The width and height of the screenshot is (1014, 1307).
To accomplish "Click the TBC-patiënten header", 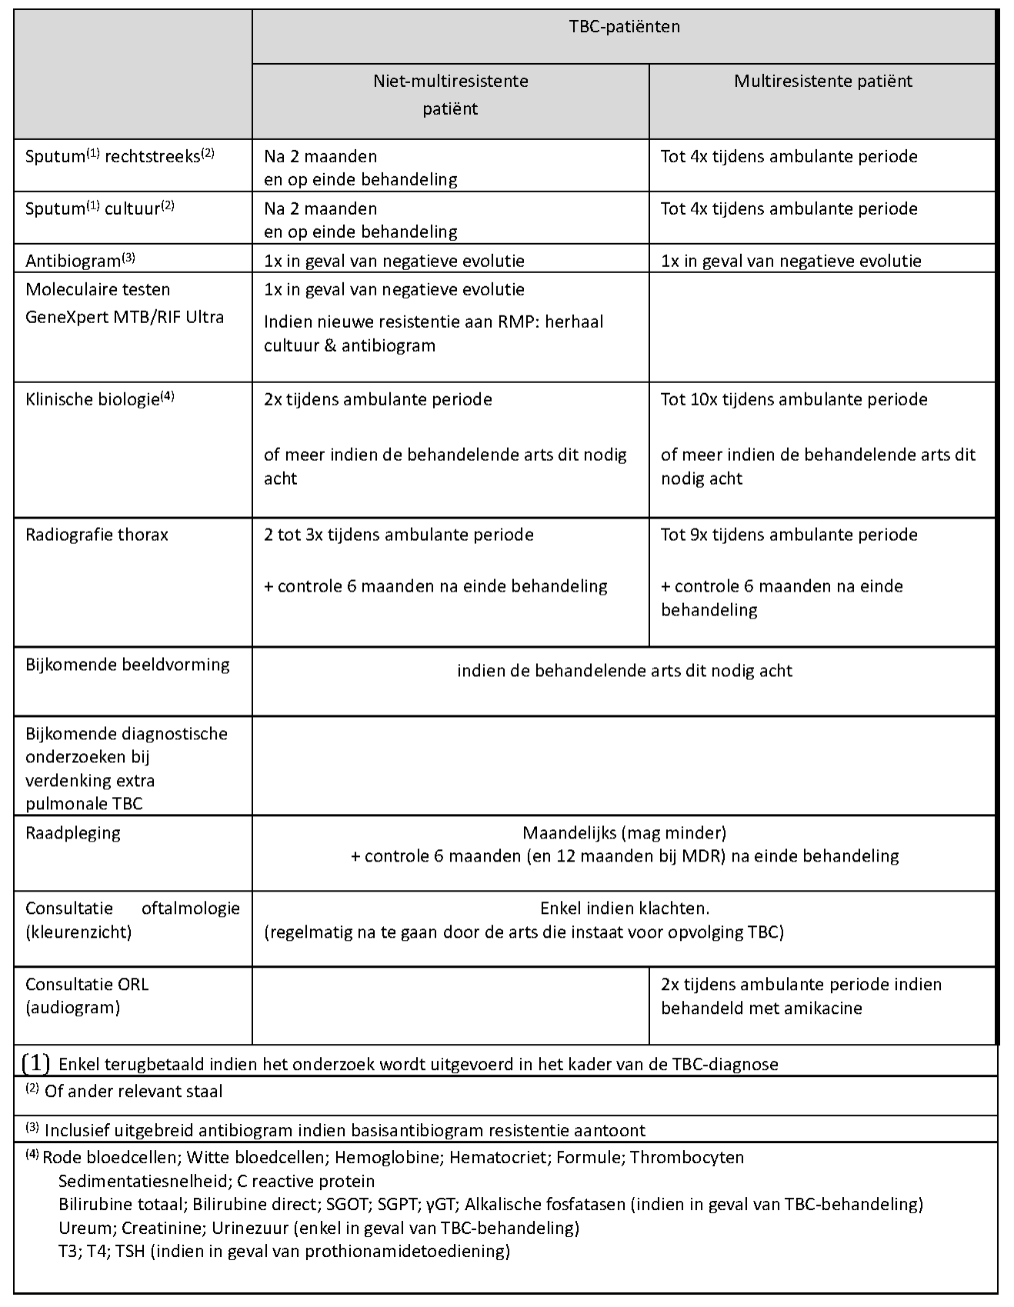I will tap(624, 27).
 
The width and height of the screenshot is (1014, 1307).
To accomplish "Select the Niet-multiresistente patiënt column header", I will tap(450, 94).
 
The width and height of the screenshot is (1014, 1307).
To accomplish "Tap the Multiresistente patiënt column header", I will tap(822, 81).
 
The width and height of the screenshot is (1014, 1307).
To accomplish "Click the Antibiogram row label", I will tap(80, 261).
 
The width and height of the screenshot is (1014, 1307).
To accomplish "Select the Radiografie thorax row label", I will tap(97, 535).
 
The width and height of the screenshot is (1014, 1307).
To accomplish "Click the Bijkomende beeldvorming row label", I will tap(128, 665).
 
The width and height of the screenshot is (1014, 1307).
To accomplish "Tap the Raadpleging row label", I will tap(73, 833).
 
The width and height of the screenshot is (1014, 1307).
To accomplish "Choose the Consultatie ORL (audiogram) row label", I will tap(87, 995).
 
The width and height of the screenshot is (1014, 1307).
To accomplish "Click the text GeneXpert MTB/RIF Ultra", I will tap(125, 317).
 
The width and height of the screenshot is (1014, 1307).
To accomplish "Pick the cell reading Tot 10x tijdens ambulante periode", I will tap(794, 399).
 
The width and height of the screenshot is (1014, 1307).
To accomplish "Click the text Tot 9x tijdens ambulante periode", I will tap(789, 535).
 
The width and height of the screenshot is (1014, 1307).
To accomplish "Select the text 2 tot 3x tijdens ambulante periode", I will tap(399, 535).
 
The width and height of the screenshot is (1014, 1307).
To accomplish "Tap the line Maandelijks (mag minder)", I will tap(624, 832).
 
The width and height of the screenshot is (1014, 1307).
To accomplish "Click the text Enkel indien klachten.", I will tap(624, 908).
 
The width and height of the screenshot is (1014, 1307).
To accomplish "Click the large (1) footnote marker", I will tap(36, 1064).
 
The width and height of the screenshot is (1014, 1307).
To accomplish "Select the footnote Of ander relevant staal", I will tap(134, 1091).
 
